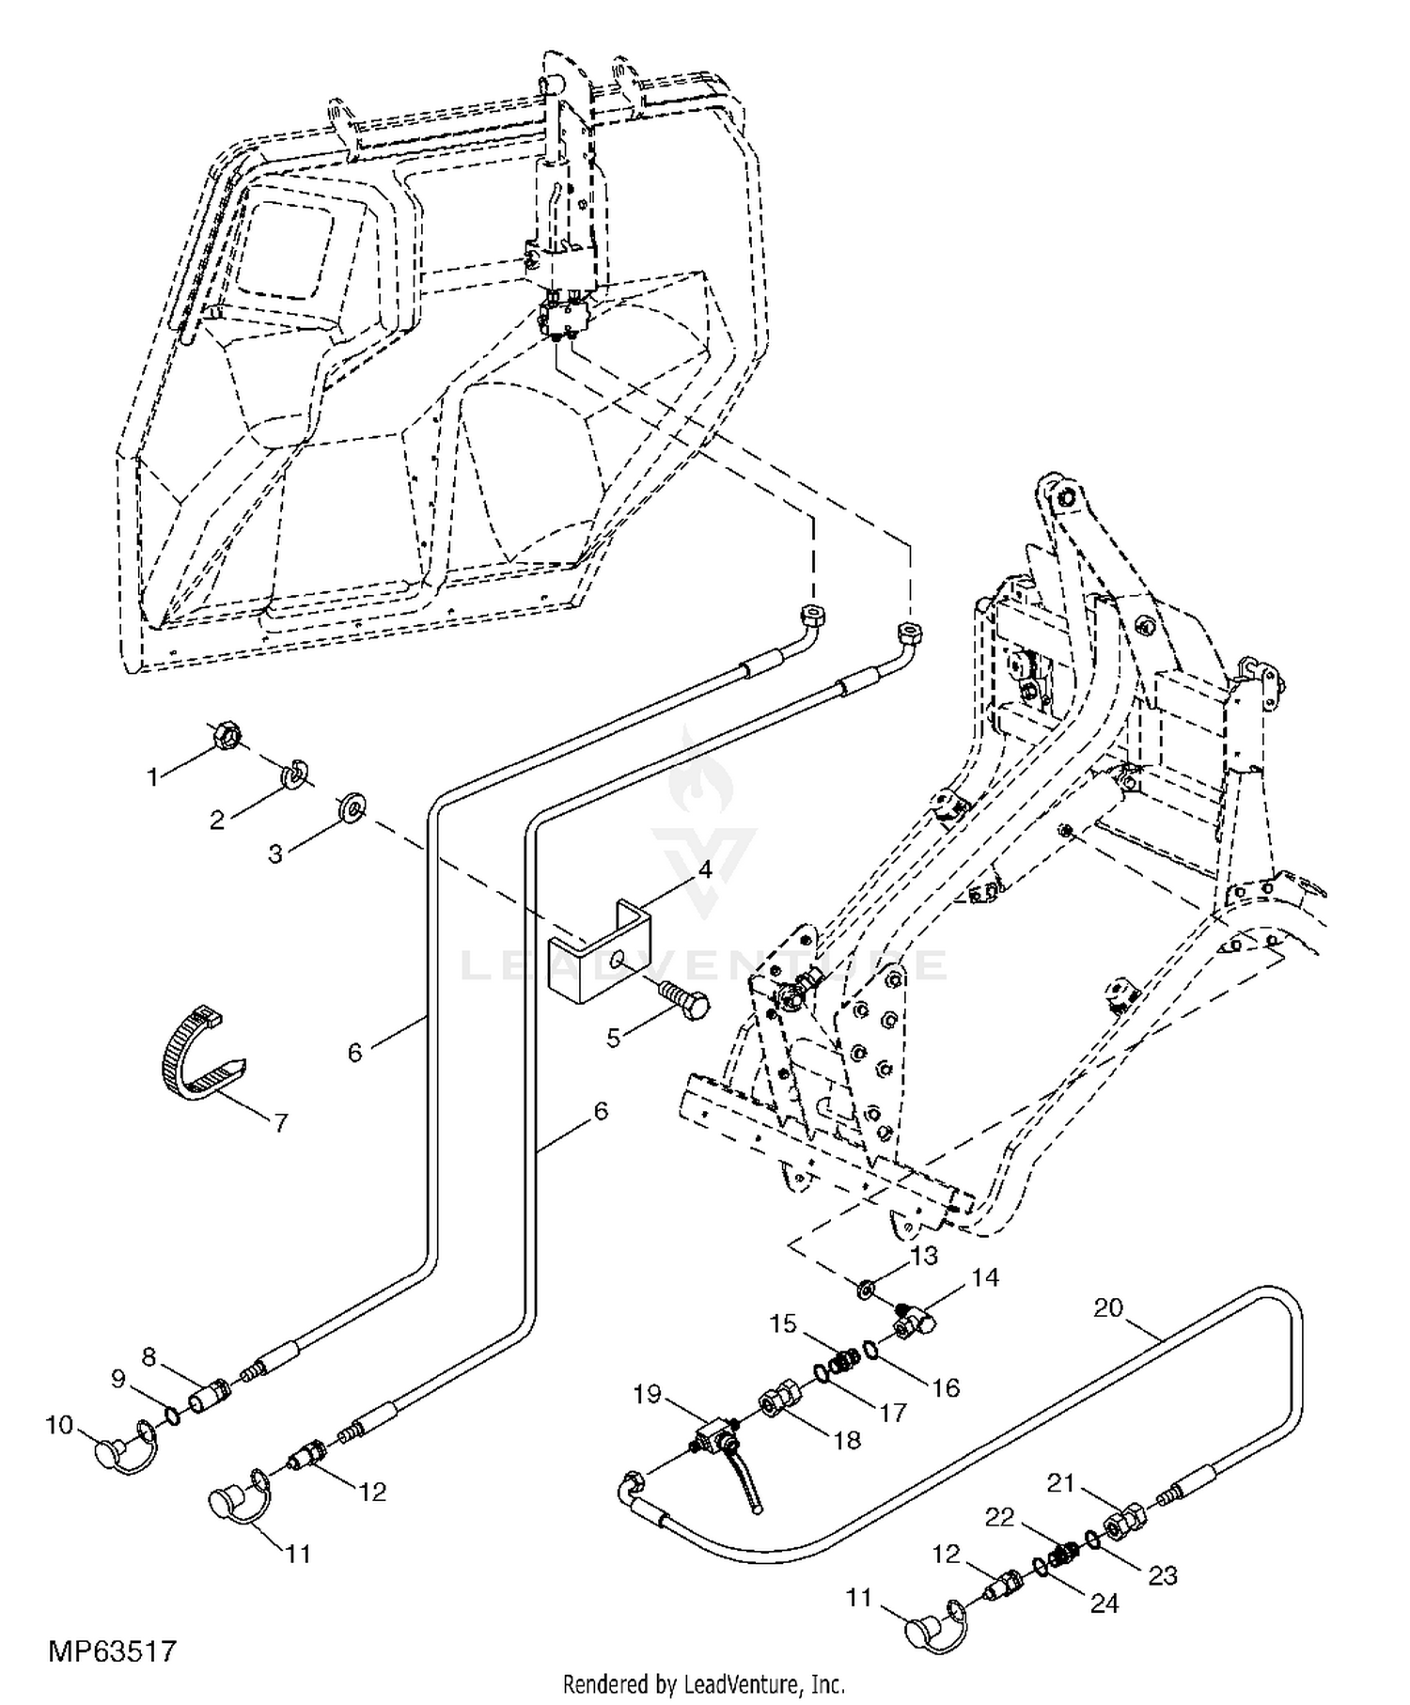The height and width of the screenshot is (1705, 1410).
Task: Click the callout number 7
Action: click(279, 1122)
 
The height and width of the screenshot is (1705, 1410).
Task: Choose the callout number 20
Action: click(1108, 1307)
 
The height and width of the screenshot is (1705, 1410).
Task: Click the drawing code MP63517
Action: click(113, 1650)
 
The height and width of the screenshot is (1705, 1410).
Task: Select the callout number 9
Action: click(117, 1379)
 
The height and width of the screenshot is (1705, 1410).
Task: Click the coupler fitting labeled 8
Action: click(207, 1395)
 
